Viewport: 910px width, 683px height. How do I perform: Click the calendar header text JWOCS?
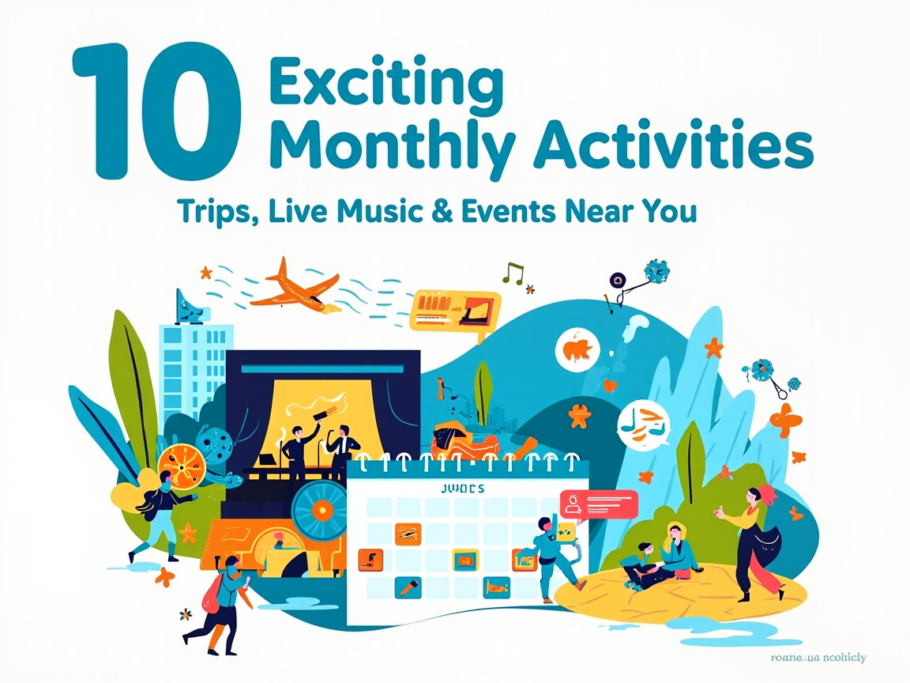(x=461, y=489)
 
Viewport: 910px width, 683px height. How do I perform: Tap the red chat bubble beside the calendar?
(x=598, y=504)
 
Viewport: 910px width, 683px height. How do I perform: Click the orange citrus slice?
(x=182, y=466)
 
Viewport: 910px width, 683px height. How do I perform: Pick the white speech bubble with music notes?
(x=643, y=425)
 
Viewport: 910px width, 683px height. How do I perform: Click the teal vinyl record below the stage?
(x=320, y=510)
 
